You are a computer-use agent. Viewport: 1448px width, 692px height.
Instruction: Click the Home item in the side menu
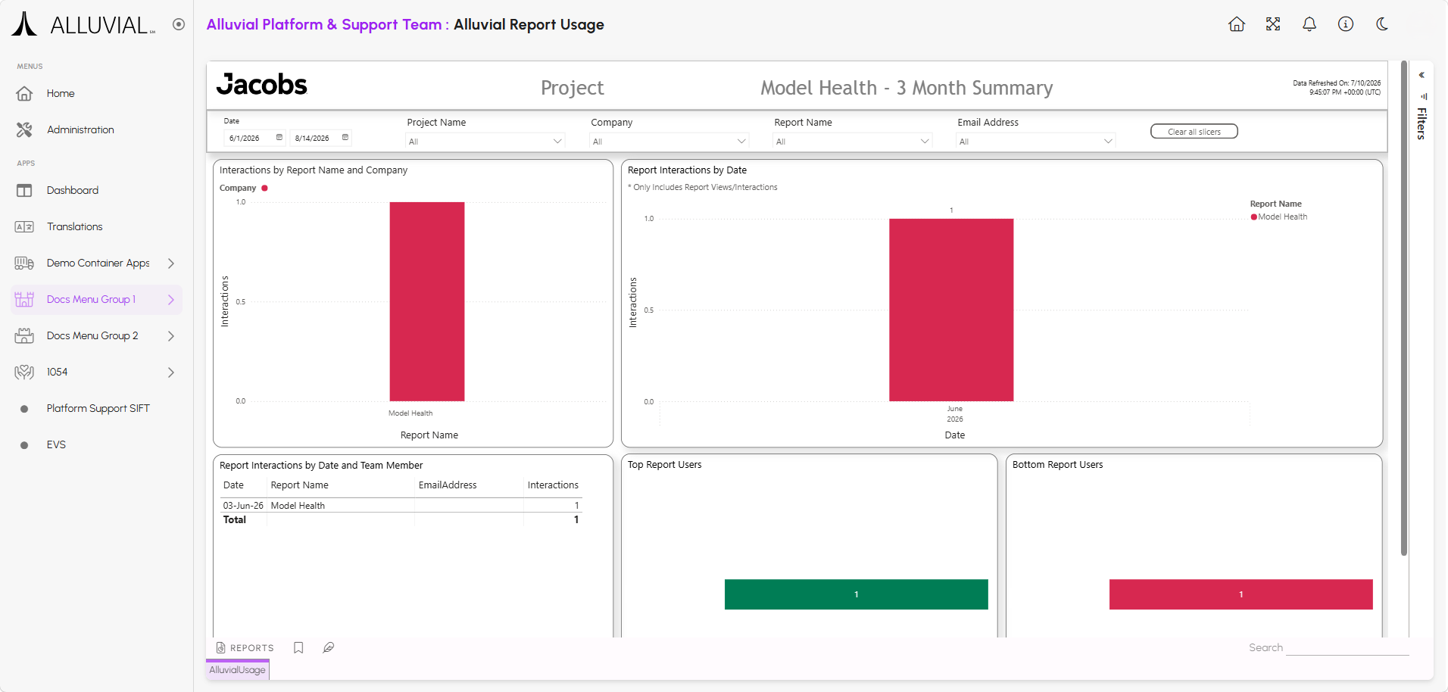[x=61, y=94]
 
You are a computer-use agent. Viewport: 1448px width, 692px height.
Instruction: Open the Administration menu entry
[x=80, y=130]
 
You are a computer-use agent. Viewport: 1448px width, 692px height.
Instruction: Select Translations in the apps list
[x=74, y=227]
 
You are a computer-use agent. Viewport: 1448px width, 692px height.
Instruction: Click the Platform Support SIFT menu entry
[x=98, y=409]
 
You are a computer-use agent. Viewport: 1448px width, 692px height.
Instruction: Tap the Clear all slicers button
[x=1194, y=132]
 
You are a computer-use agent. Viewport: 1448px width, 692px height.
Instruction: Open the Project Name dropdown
[x=485, y=142]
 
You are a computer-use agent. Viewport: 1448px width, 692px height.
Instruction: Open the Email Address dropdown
[x=1035, y=142]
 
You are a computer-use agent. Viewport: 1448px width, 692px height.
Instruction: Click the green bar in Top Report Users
[x=857, y=594]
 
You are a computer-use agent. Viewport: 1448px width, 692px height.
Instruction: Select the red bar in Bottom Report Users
[x=1241, y=594]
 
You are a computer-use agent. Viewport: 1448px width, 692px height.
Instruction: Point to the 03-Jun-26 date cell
[x=243, y=506]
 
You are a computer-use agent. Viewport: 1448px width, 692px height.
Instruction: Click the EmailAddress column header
[x=448, y=485]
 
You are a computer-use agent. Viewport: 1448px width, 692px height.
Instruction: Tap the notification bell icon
[x=1309, y=24]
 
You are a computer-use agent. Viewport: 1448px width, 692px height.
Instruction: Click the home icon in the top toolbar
[x=1237, y=24]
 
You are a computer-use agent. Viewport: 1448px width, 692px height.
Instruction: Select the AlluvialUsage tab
[x=238, y=670]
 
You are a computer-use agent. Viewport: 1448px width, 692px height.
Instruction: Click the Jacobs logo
[x=262, y=85]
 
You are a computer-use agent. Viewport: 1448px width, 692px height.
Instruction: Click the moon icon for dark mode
[x=1382, y=24]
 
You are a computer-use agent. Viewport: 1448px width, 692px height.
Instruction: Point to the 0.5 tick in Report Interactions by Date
[x=649, y=310]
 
